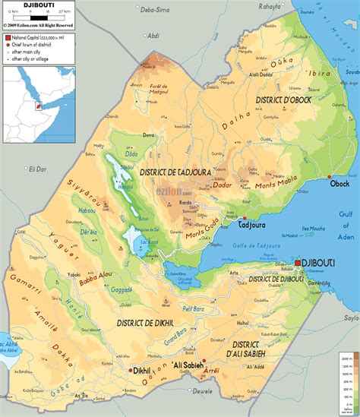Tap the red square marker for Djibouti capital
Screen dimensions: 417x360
coord(298,263)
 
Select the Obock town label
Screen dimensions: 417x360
coord(339,184)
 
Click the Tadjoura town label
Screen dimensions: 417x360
coord(252,226)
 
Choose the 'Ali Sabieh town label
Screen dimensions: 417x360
coord(186,365)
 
